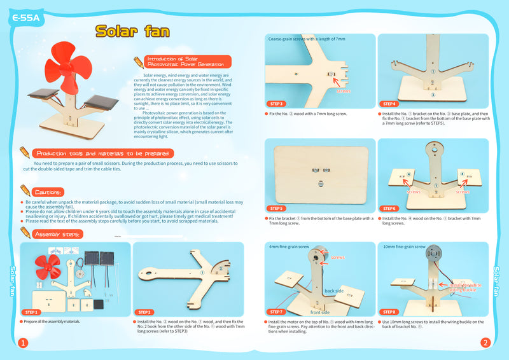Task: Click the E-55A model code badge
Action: (x=26, y=18)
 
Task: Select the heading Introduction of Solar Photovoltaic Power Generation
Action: (x=185, y=62)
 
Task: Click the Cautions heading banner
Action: (x=48, y=191)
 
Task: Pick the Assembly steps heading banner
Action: (x=57, y=235)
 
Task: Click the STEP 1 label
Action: (x=32, y=312)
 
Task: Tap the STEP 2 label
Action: (x=144, y=312)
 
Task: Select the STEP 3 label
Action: (x=277, y=104)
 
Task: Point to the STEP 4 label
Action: (x=390, y=104)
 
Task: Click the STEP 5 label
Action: (x=277, y=208)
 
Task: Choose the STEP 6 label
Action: (x=390, y=208)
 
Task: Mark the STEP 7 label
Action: (x=277, y=312)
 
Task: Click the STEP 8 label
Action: (x=390, y=312)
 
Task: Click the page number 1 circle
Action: (x=23, y=343)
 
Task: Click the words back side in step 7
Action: (x=333, y=291)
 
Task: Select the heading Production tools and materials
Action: (x=104, y=153)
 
